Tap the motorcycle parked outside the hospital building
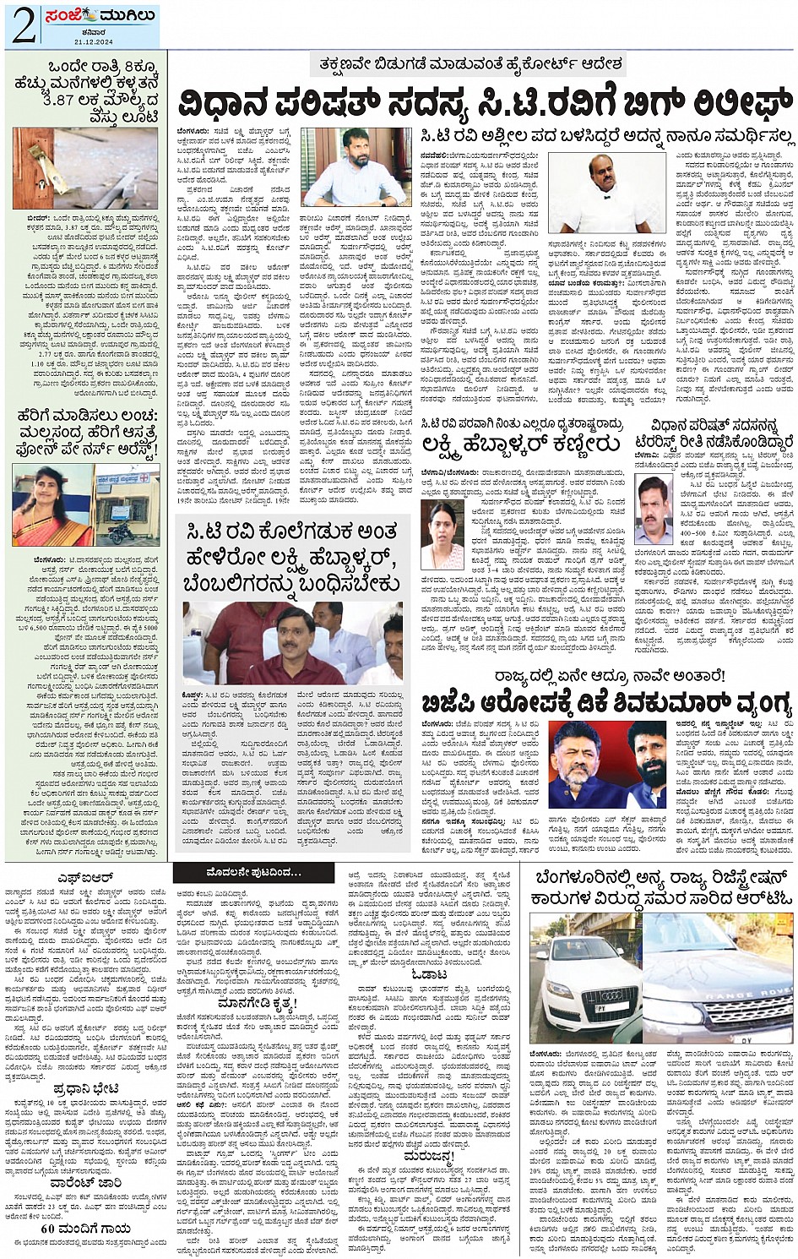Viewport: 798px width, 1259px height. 120,531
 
